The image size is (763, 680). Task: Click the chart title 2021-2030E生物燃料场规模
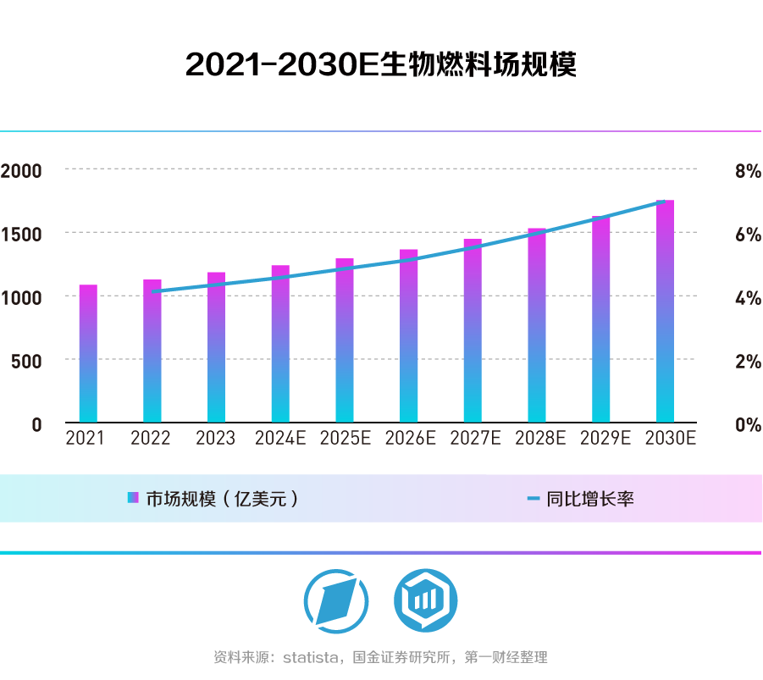point(381,65)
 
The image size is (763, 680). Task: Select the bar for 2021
point(88,354)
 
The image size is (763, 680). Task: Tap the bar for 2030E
point(666,312)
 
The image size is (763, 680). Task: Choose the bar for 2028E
point(537,325)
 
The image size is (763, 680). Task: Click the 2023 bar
point(216,347)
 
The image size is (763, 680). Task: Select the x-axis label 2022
point(151,439)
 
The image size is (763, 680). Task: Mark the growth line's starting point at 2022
point(152,291)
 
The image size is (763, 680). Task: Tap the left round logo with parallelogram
point(336,600)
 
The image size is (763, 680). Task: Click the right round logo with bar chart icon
point(425,600)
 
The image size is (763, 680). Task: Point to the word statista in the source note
point(312,657)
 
